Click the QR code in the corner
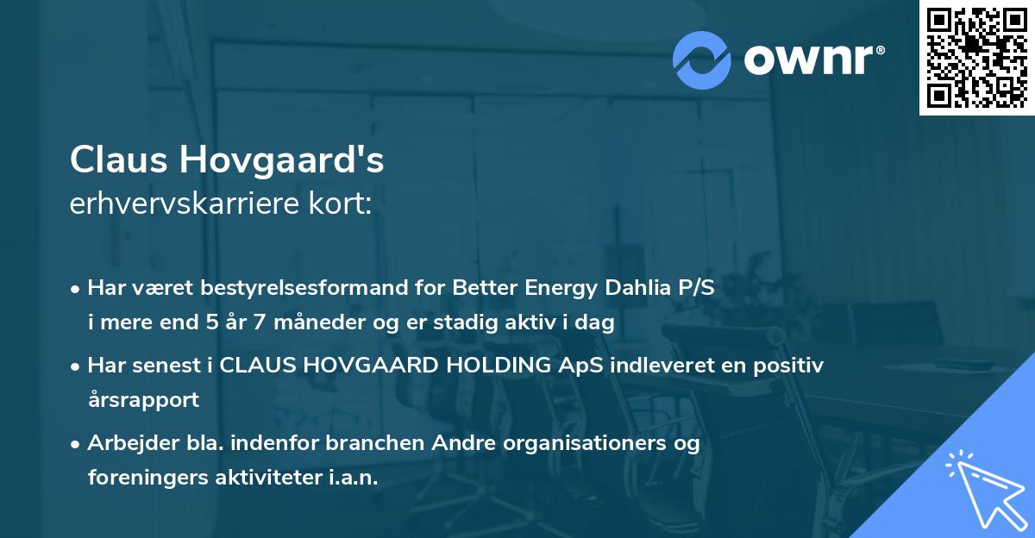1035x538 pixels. click(x=976, y=58)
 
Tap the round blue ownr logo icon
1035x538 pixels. click(x=702, y=59)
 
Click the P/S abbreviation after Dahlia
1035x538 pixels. click(x=696, y=288)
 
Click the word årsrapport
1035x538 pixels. click(x=143, y=400)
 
